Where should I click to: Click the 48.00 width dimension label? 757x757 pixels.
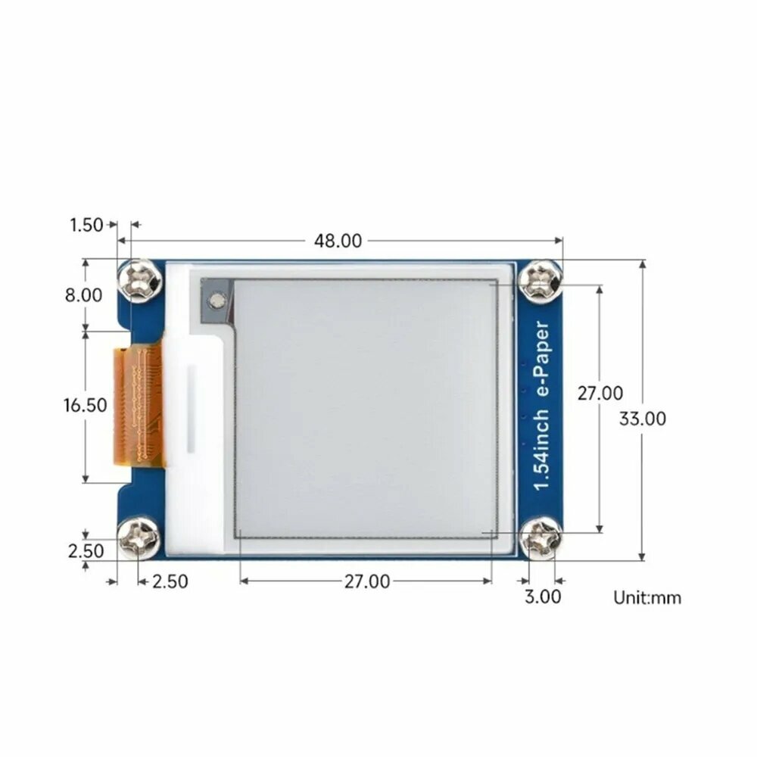click(x=338, y=241)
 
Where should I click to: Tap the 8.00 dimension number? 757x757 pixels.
click(x=83, y=295)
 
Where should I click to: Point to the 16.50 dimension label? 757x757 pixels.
click(x=85, y=405)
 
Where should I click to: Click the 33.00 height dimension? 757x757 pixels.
click(x=643, y=419)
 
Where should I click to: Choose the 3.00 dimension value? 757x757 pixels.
click(x=543, y=597)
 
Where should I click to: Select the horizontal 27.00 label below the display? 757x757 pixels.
click(x=367, y=581)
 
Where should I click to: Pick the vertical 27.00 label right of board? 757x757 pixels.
click(x=600, y=394)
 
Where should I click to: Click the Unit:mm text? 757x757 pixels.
click(x=647, y=598)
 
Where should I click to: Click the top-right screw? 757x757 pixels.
click(x=542, y=280)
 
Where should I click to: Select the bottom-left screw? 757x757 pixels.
click(x=139, y=537)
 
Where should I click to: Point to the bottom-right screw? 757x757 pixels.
click(x=542, y=537)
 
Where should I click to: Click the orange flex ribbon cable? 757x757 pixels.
click(x=138, y=405)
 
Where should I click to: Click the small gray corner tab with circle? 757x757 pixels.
click(x=217, y=301)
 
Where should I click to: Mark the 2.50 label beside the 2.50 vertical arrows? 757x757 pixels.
click(x=85, y=551)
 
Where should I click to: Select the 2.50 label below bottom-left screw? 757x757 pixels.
click(x=170, y=581)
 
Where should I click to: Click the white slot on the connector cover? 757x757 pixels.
click(x=192, y=409)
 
